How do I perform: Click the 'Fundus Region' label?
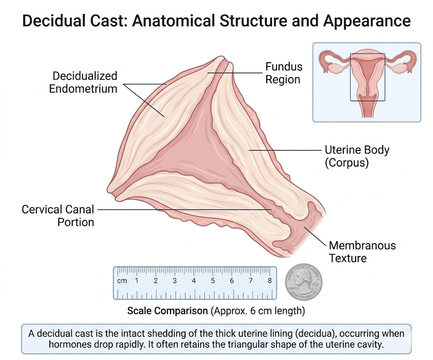coord(284,73)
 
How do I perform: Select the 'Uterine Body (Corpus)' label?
coord(351,156)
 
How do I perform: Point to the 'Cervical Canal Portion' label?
coord(58,215)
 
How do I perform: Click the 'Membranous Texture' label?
coord(362,252)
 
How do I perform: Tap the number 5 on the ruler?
coord(213,280)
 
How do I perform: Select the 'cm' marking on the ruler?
coord(122,280)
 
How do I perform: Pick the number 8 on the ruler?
coord(269,280)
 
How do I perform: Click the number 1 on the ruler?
coord(137,280)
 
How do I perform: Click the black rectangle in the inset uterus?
coord(367,77)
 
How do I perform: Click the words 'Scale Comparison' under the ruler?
coord(167,311)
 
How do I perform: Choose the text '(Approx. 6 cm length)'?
coord(258,311)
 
